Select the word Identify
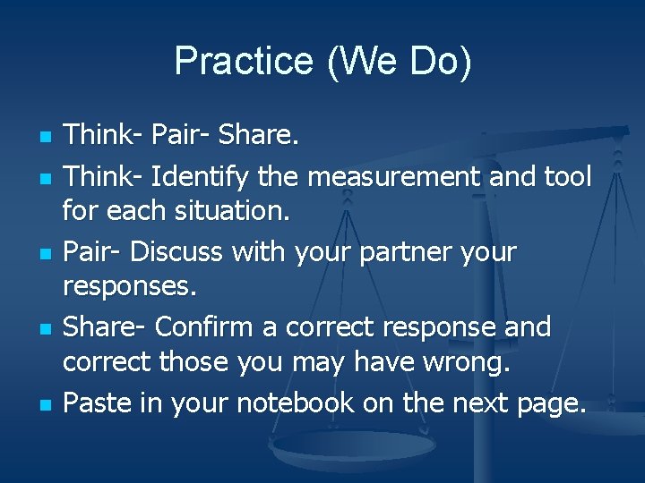[201, 178]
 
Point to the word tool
[567, 177]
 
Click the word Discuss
[176, 252]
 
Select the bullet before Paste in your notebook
[44, 404]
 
